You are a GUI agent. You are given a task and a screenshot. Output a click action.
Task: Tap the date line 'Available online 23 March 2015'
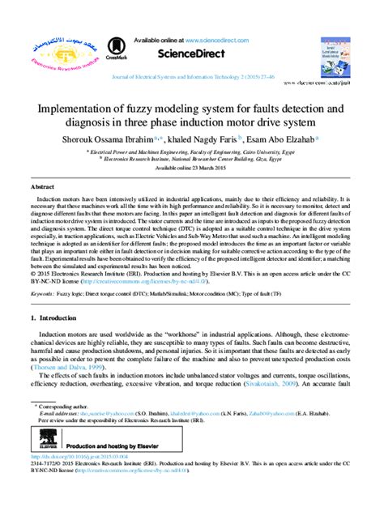point(192,168)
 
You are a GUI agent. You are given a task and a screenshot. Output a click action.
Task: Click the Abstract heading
point(42,187)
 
